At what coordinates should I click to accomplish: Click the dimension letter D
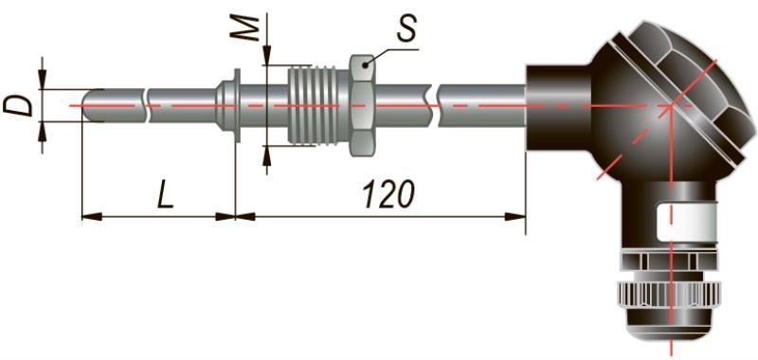(x=18, y=106)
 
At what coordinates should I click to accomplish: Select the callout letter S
(x=406, y=30)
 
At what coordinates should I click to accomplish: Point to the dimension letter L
(x=165, y=195)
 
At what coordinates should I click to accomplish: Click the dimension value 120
(x=388, y=194)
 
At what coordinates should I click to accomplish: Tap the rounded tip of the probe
(x=87, y=105)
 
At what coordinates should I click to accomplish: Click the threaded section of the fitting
(x=317, y=105)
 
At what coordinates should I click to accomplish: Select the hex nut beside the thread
(x=361, y=105)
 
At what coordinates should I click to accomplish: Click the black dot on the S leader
(x=366, y=63)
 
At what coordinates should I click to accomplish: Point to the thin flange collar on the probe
(x=236, y=105)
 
